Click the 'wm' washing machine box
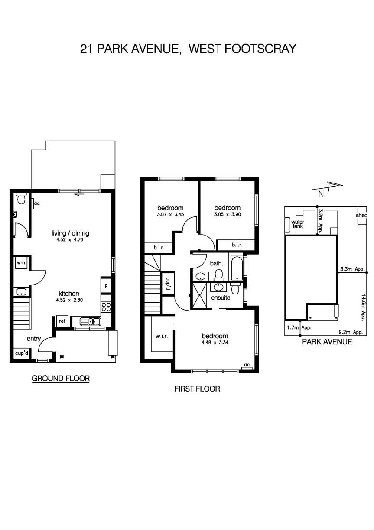tap(20, 263)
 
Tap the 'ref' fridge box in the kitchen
tap(62, 321)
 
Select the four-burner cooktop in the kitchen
tap(106, 308)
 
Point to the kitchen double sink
tap(91, 321)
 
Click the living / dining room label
tap(70, 233)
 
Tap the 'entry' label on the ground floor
tap(34, 339)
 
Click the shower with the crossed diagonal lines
tap(201, 295)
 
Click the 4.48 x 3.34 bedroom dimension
tap(215, 343)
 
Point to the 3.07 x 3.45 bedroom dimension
tap(170, 214)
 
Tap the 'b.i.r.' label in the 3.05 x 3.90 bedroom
tap(237, 245)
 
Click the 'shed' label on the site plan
tap(361, 216)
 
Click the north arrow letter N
tap(321, 194)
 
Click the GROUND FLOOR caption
tap(61, 379)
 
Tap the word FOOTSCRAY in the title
tap(260, 49)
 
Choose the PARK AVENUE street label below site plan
tap(327, 342)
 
